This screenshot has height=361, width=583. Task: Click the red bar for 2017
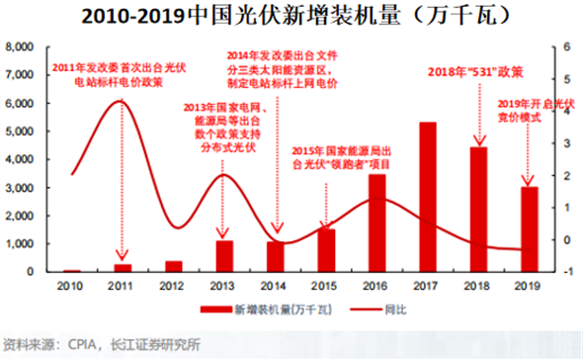click(x=428, y=197)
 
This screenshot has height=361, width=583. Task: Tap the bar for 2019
click(x=530, y=228)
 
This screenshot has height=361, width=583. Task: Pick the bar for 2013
click(x=224, y=256)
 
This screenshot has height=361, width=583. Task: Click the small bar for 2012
click(x=173, y=266)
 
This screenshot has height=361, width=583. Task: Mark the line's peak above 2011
click(x=120, y=101)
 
